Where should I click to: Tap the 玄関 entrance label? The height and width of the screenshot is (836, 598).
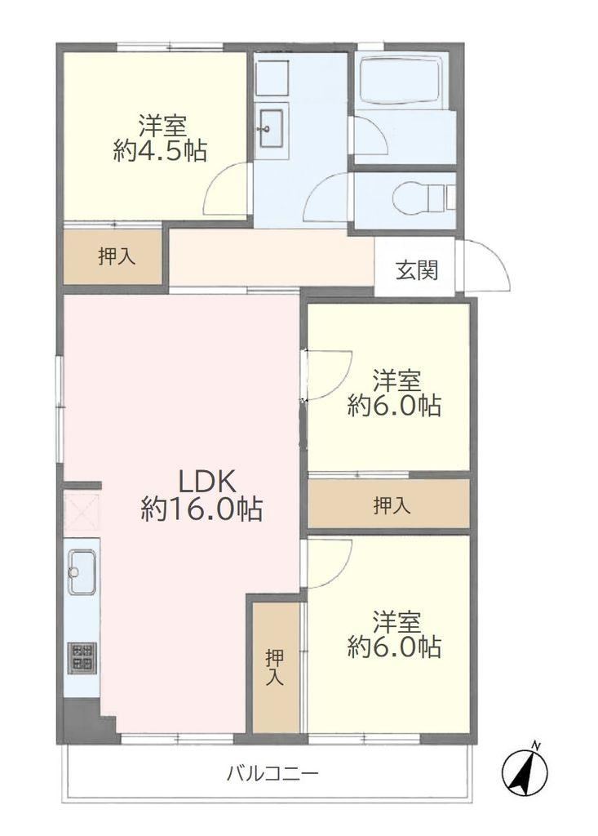(x=416, y=270)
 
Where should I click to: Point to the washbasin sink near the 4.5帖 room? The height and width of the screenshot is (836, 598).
(x=271, y=128)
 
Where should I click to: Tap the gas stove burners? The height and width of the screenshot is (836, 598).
(x=82, y=657)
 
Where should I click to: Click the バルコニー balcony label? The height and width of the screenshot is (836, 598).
(x=272, y=772)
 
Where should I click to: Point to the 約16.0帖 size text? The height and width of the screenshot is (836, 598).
(x=202, y=509)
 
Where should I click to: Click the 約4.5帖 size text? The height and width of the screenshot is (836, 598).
(x=160, y=151)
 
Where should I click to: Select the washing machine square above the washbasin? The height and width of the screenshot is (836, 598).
(x=272, y=78)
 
